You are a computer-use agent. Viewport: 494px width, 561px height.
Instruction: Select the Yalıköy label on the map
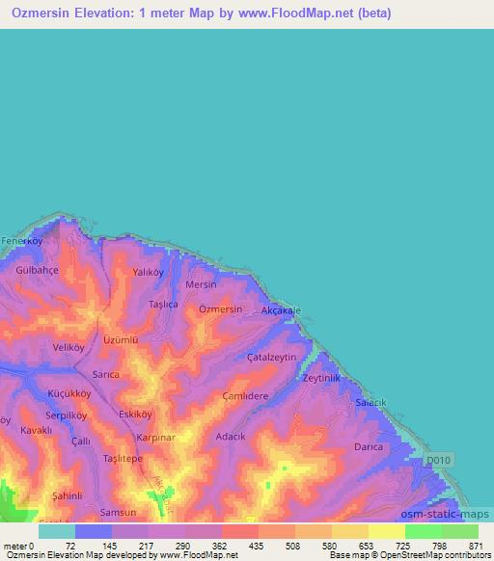coord(150,273)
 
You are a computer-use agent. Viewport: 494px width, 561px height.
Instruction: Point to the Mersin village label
coord(201,285)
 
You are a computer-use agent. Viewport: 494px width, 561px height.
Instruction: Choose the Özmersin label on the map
coord(220,309)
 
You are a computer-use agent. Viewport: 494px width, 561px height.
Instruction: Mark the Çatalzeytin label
coord(272,357)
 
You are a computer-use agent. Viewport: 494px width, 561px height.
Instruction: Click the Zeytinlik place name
coord(323,379)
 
